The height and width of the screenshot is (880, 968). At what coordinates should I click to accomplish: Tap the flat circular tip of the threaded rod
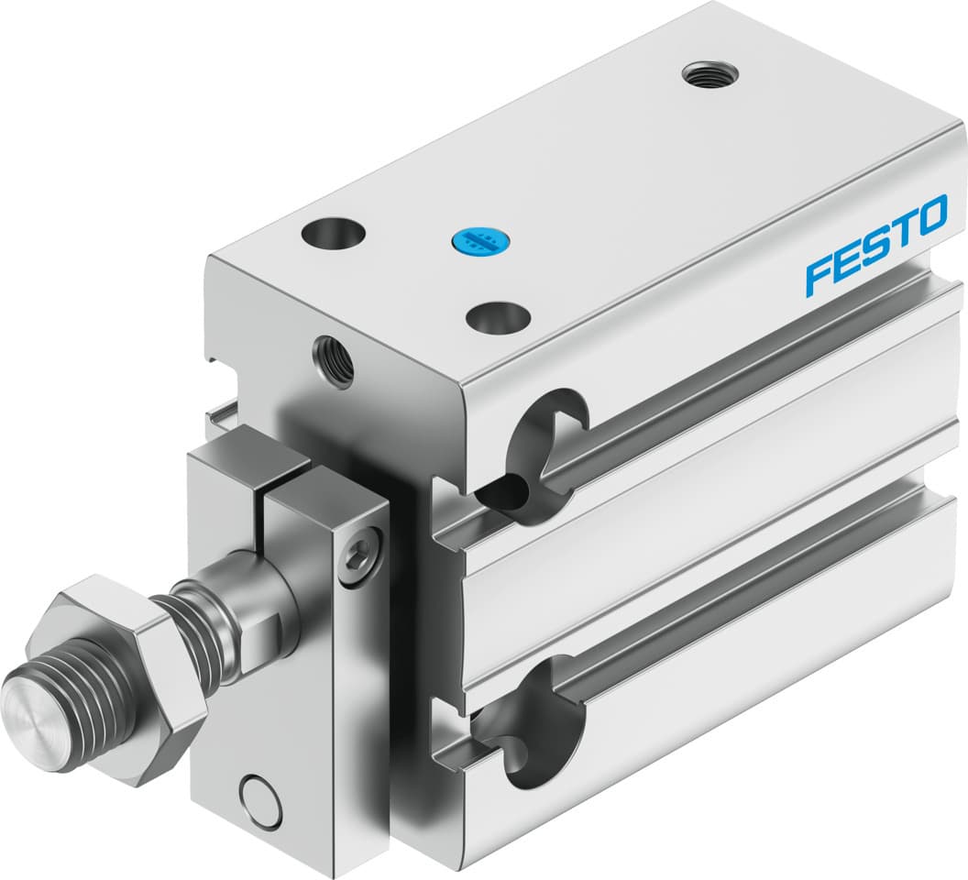click(x=33, y=705)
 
